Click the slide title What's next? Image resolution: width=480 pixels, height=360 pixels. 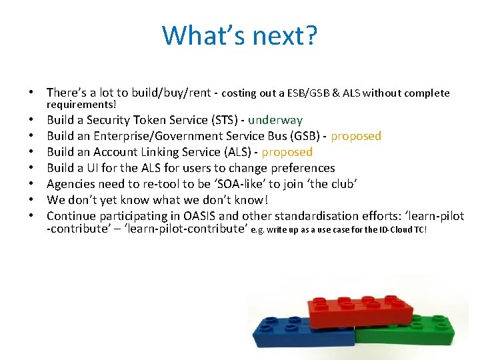click(240, 35)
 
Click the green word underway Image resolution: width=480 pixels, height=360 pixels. click(275, 120)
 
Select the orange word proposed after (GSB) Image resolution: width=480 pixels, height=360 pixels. click(356, 136)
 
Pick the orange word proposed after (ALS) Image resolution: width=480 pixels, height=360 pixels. click(287, 152)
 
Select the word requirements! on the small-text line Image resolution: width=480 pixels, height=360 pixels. click(81, 104)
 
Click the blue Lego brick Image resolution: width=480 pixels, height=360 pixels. click(293, 337)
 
